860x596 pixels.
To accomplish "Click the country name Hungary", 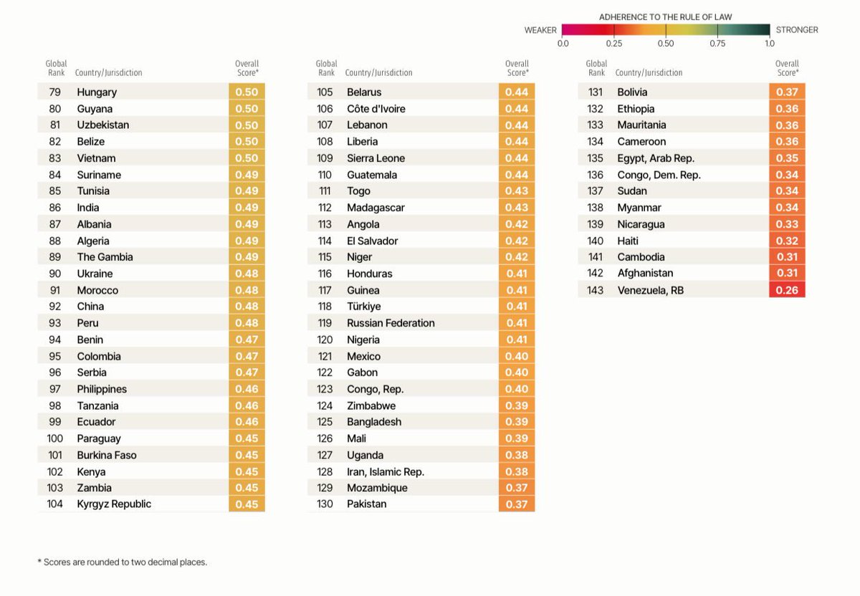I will tap(97, 92).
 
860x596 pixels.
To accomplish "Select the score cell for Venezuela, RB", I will tap(787, 290).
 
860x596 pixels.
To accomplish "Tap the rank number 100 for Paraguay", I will tap(55, 438).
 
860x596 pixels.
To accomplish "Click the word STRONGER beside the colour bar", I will tap(797, 30).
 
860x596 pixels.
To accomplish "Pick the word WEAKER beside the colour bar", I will tap(540, 30).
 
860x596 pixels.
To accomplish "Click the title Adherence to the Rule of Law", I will tap(666, 16).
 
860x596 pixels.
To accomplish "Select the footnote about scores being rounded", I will tap(122, 562).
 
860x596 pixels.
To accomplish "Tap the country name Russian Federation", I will tap(391, 323).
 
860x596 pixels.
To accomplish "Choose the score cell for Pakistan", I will tap(517, 504).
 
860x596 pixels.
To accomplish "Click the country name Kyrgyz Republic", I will tap(114, 504).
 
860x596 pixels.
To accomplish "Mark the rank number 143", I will tap(595, 290).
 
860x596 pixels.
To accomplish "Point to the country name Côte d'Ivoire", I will tap(376, 109).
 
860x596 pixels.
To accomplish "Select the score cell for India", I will tap(247, 208).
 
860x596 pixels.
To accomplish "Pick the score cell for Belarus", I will tap(517, 92).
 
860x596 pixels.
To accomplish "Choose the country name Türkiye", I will tap(363, 307).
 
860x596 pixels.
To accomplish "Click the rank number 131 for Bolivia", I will tap(595, 92).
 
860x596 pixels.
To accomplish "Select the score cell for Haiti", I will tap(787, 241).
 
